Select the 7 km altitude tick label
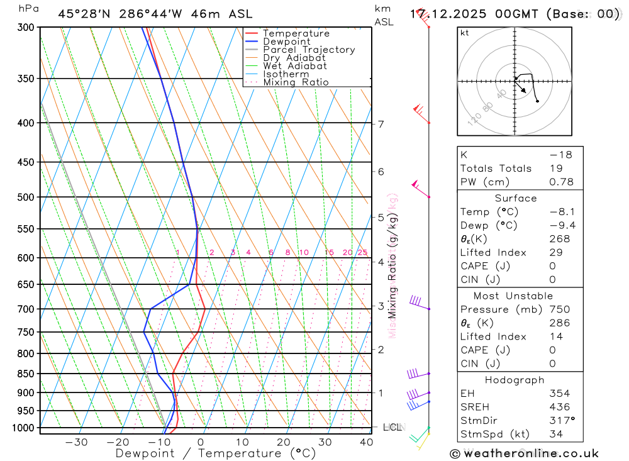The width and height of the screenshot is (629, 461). click(x=381, y=124)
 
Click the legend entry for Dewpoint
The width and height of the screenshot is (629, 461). click(x=286, y=42)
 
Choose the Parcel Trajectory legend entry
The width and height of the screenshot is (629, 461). click(x=308, y=50)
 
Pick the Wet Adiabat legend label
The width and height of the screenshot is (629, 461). click(x=294, y=66)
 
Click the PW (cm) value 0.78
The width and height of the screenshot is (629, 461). click(x=561, y=182)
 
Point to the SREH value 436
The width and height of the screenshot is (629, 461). click(x=559, y=407)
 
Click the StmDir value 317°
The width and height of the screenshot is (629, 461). click(x=561, y=421)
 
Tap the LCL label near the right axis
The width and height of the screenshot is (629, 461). click(x=392, y=428)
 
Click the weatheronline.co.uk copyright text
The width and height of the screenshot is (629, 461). click(x=524, y=453)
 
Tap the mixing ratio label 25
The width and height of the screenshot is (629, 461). click(x=362, y=253)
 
